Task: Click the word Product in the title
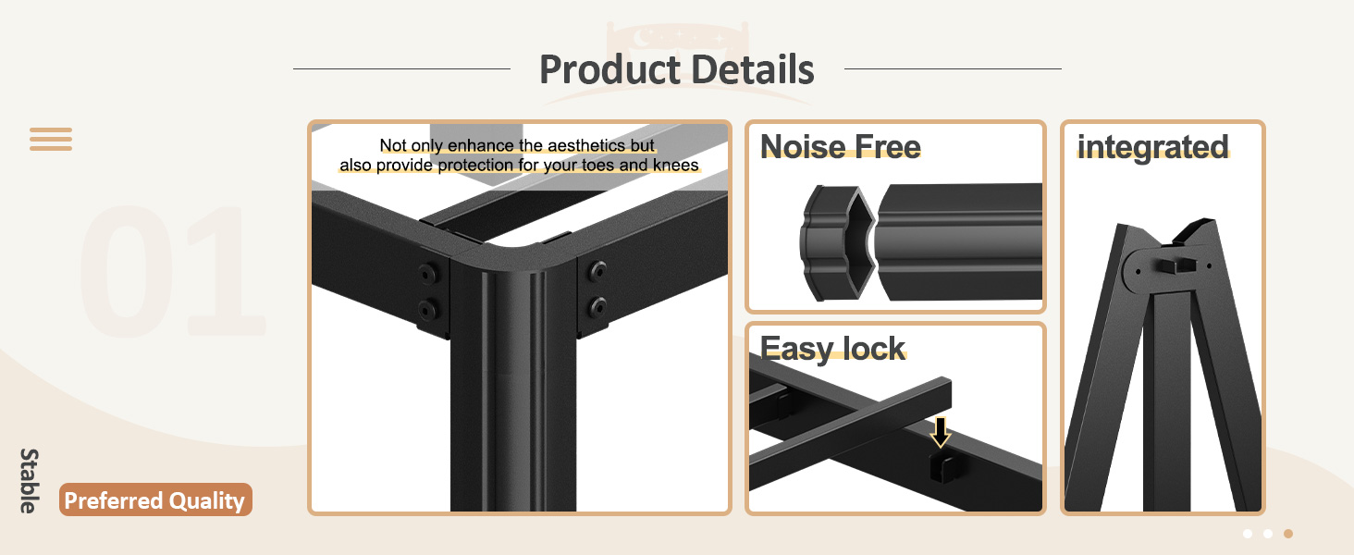click(602, 69)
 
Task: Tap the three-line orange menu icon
click(51, 140)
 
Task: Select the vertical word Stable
click(30, 480)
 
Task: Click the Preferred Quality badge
click(155, 500)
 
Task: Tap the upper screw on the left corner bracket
click(427, 273)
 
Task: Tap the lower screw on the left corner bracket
click(427, 308)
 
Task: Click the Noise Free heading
click(840, 147)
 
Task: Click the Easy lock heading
click(832, 348)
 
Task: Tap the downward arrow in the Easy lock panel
click(941, 432)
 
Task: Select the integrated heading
click(1152, 147)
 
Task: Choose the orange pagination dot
click(1288, 534)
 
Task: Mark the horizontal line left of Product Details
click(401, 68)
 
